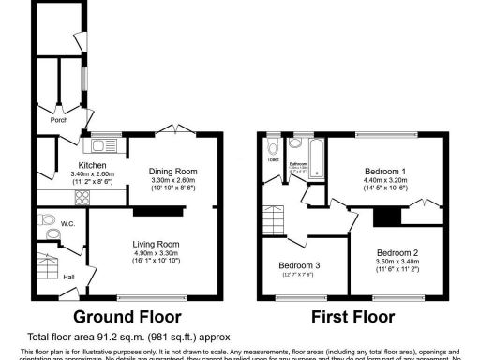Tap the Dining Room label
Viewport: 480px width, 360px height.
tap(173, 172)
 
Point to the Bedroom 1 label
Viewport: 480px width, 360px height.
tap(385, 172)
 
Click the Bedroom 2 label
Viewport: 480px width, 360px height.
tap(398, 252)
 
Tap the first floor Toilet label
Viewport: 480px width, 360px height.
tap(273, 159)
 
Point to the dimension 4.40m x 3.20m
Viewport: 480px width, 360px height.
tap(385, 180)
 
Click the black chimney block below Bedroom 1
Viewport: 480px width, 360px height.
tap(382, 217)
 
